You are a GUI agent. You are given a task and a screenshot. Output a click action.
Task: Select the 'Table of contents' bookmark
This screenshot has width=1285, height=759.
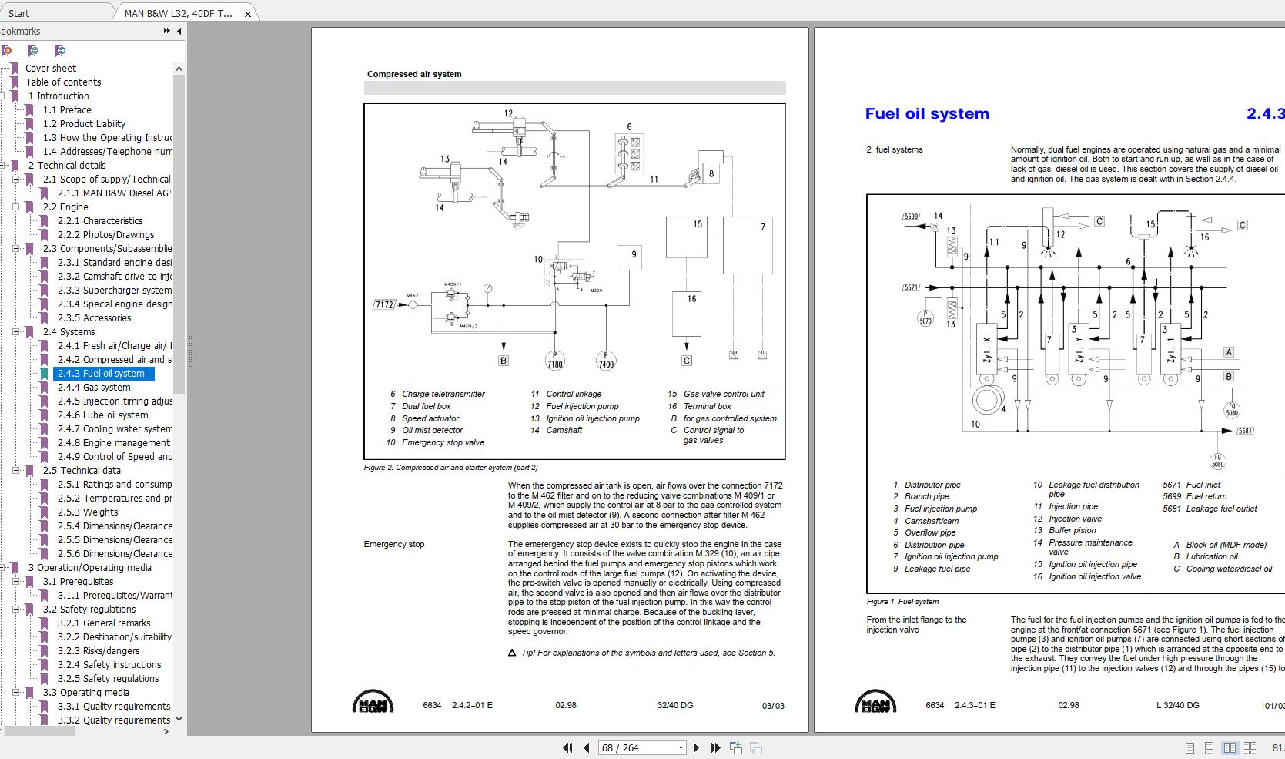pos(63,82)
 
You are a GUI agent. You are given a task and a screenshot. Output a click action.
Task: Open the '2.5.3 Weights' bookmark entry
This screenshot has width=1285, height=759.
pos(88,512)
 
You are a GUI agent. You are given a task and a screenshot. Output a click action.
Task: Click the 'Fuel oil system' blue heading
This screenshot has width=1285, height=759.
pos(927,114)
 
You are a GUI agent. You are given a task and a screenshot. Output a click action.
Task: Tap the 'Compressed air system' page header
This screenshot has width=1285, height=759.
pos(414,75)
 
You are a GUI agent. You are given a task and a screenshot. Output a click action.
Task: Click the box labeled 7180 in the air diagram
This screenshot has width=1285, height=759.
pos(554,360)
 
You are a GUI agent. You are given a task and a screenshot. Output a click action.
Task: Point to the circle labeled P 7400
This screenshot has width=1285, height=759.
pos(606,360)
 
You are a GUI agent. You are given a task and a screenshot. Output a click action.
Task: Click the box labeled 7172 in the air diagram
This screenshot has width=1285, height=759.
pos(384,305)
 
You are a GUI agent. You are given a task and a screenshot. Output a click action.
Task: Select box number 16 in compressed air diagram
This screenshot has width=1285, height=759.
pos(691,311)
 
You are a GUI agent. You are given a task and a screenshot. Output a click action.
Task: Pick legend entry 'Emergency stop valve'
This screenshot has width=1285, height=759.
pos(443,443)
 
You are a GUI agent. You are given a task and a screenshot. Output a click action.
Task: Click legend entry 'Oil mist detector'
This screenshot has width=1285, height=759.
pos(432,431)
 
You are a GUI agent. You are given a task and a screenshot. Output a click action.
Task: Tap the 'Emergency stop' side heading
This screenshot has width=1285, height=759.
pos(394,545)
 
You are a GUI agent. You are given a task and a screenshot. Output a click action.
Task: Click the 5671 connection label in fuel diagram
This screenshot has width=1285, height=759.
pos(912,287)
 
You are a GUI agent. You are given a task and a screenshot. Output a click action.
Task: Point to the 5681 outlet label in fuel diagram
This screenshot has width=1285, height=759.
pos(1245,431)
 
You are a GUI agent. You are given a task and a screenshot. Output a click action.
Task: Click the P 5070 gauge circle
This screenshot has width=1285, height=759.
pos(925,317)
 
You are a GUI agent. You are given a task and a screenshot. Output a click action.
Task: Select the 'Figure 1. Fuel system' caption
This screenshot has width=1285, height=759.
pos(902,602)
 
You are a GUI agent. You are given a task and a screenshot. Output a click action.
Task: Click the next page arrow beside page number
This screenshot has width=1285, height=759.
pos(696,747)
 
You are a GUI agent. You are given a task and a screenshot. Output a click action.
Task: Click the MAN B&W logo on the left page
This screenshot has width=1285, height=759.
pos(373,702)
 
